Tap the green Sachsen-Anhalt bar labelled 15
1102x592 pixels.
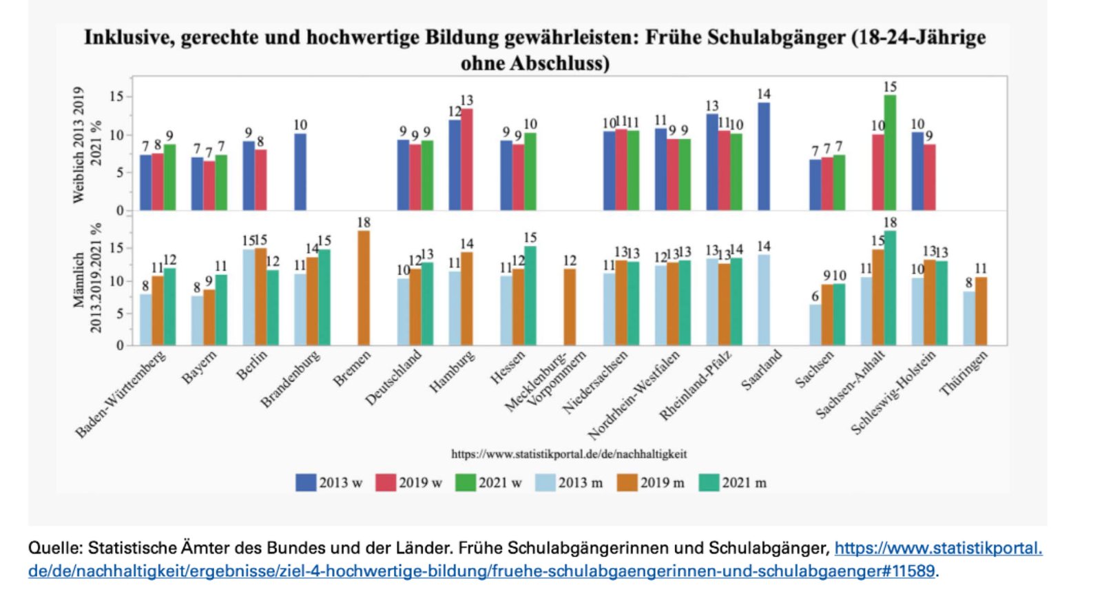click(x=890, y=152)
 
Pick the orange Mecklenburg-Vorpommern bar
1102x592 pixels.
click(x=570, y=307)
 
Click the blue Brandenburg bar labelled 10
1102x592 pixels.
click(x=300, y=172)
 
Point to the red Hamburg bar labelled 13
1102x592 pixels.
click(x=467, y=159)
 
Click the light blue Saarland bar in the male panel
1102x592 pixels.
click(x=764, y=300)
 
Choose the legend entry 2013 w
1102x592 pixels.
click(x=329, y=482)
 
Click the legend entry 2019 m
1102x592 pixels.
click(x=651, y=482)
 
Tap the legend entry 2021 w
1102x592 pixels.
click(x=488, y=482)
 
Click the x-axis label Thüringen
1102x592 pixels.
click(x=964, y=373)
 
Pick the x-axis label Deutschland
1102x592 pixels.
click(x=393, y=378)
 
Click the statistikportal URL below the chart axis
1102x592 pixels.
click(x=569, y=454)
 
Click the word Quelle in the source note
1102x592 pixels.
click(x=54, y=549)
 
